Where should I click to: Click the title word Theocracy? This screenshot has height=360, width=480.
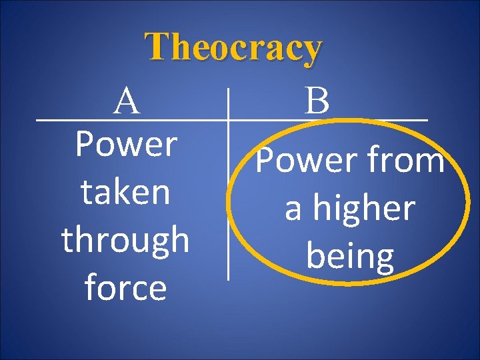(x=235, y=48)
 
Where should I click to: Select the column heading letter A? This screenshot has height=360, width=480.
(x=127, y=102)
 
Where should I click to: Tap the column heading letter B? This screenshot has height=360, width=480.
(x=318, y=102)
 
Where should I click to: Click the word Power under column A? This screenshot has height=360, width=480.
(x=126, y=144)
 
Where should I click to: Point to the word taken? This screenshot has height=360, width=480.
(x=125, y=192)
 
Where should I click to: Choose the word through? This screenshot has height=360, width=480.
(x=125, y=240)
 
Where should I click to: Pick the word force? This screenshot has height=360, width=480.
(x=125, y=288)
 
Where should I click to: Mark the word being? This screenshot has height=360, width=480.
(x=350, y=257)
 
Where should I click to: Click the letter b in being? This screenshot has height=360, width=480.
(x=315, y=255)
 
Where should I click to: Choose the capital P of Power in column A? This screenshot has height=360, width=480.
(x=85, y=144)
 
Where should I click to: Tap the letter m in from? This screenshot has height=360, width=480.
(x=430, y=162)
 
